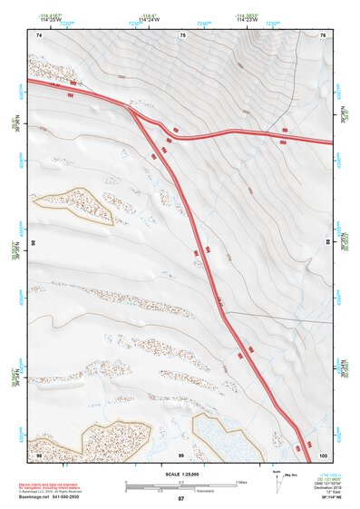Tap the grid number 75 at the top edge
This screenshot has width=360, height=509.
click(x=182, y=34)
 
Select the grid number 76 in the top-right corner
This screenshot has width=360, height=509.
click(x=323, y=34)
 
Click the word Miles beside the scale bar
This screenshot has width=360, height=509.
click(x=242, y=481)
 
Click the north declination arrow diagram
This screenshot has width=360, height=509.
click(x=277, y=479)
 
